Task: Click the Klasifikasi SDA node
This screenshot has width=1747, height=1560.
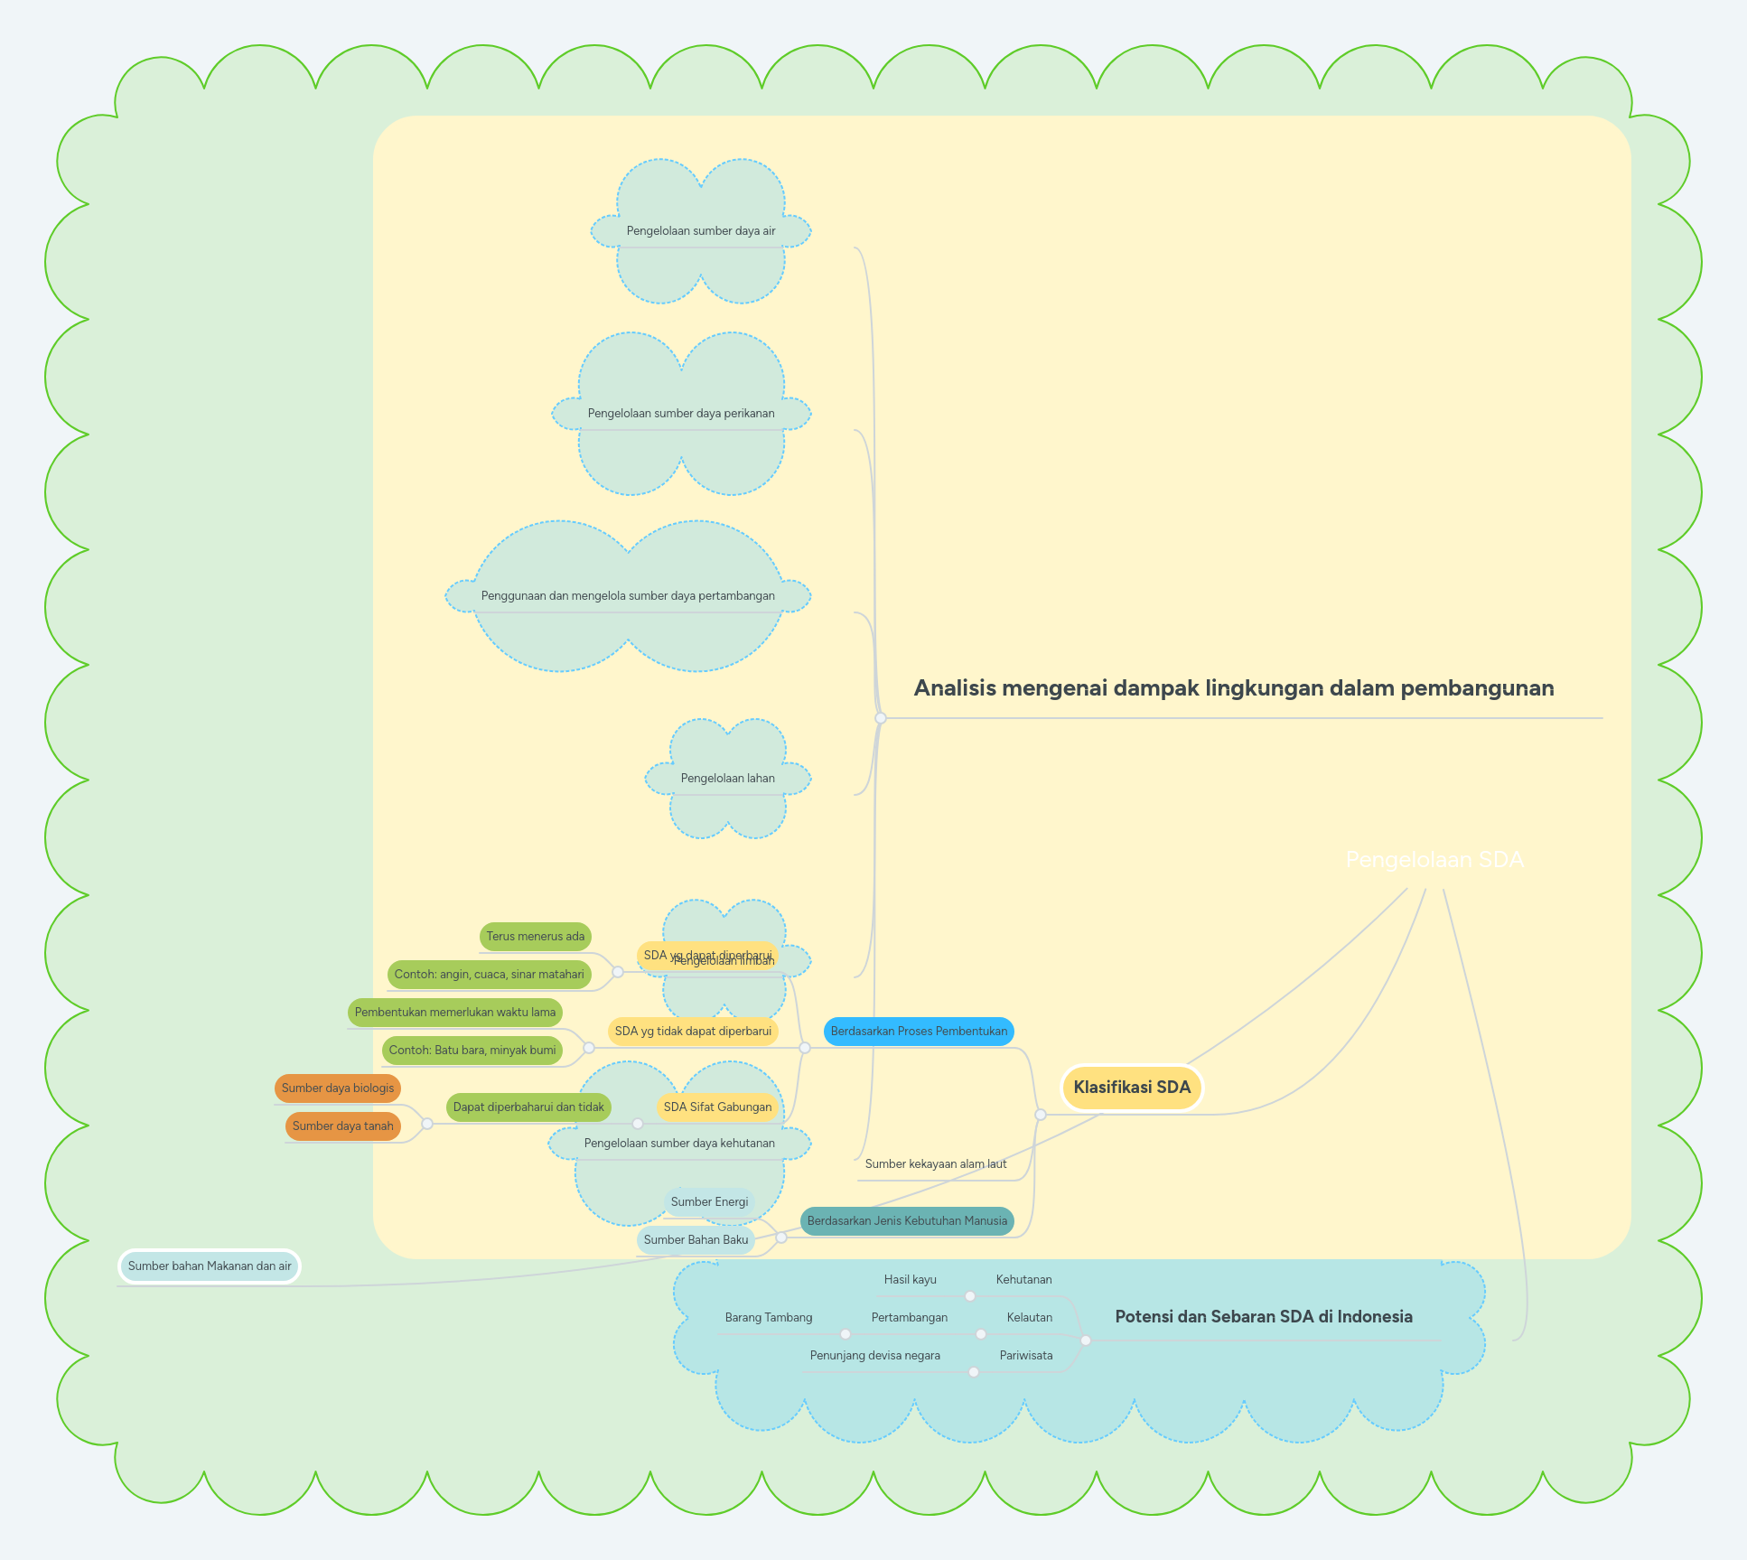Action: coord(1132,1088)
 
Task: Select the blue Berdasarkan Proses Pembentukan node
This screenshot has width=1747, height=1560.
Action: coord(919,1032)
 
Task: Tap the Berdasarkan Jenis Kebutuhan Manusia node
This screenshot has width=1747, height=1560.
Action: coord(907,1221)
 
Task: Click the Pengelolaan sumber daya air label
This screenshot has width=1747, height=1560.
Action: coord(701,231)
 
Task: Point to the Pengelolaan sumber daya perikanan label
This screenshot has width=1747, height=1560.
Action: coord(681,414)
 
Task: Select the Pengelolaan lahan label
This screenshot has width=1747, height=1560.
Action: coord(727,779)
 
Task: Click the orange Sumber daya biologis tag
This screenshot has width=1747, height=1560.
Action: coord(338,1088)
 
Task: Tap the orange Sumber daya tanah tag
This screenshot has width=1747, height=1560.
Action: coord(343,1126)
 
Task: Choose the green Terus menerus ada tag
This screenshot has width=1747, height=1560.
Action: coord(536,937)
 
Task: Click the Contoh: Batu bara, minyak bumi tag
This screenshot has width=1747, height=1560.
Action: coord(472,1051)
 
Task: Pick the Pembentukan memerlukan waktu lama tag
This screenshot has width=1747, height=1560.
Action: coord(455,1013)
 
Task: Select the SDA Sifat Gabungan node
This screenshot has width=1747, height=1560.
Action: coord(717,1107)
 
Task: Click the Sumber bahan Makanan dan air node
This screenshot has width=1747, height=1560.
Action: coord(210,1266)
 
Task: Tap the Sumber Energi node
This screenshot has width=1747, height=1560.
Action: coord(709,1202)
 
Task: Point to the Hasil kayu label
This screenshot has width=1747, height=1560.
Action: coord(910,1280)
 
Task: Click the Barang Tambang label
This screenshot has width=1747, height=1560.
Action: coord(769,1318)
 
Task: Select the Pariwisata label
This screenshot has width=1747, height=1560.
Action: coord(1025,1356)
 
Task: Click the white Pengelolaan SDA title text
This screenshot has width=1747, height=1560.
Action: coord(1434,860)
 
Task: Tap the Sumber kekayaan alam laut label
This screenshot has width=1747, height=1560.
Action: coord(936,1164)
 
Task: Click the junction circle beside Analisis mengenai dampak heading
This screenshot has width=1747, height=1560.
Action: coord(881,718)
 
